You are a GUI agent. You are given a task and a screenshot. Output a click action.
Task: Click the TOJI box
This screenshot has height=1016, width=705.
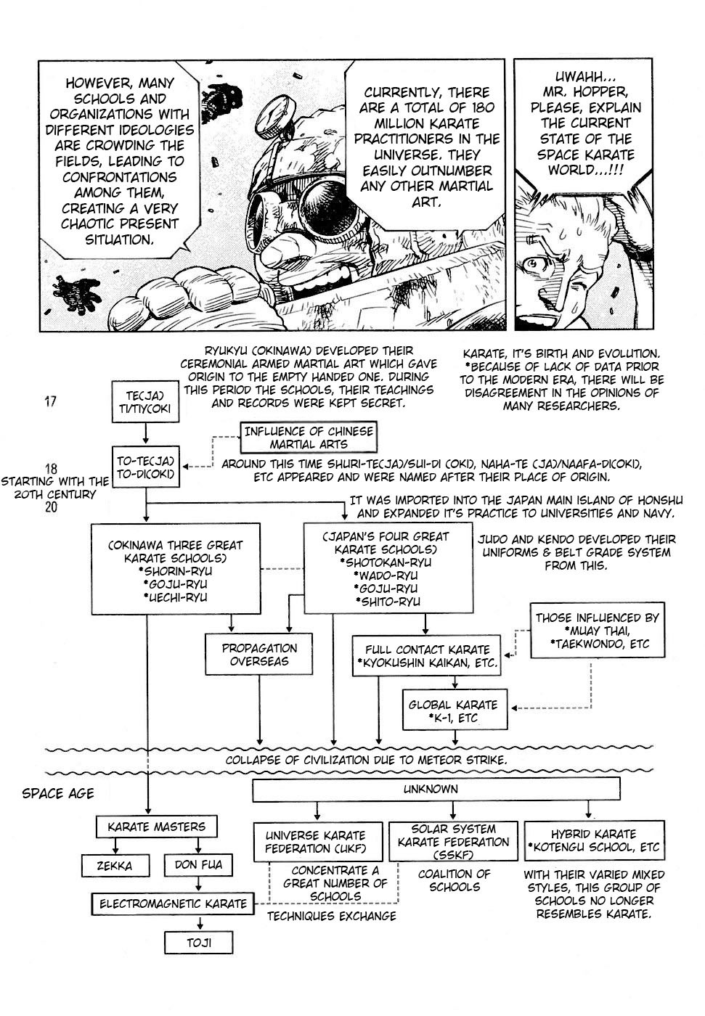pos(199,942)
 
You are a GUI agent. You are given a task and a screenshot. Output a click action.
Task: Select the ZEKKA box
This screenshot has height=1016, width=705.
pos(115,865)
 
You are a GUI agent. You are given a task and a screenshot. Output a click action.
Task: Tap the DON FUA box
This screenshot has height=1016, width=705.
pos(198,864)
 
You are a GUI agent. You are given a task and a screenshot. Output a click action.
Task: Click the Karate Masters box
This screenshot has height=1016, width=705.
pos(157,827)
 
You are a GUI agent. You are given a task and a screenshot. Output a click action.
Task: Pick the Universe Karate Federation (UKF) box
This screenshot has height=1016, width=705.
pos(317,842)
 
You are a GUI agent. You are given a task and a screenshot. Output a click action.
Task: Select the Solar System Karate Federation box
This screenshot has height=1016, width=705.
pos(453,841)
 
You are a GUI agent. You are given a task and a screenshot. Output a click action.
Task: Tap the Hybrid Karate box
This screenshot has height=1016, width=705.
pos(595,840)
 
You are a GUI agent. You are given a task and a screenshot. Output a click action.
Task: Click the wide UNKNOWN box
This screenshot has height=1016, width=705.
pos(436,789)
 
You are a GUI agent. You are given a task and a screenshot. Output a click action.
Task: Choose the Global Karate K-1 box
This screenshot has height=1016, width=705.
pos(455,710)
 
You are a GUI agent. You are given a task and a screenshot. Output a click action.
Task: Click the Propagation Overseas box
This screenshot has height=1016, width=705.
pos(259,654)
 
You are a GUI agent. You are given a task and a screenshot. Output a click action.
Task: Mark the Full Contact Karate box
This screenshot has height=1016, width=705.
pos(426,655)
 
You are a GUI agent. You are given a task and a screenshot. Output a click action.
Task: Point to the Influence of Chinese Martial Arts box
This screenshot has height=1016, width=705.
pos(309,437)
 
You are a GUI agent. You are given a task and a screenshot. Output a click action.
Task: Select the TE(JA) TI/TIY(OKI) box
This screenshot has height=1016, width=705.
pos(145,402)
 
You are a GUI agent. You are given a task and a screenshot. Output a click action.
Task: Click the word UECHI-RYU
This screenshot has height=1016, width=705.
pos(175,597)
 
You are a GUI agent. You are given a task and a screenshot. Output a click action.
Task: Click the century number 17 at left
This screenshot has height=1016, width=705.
pos(50,401)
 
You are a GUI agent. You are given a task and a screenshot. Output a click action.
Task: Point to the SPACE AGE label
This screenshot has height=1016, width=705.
pos(58,793)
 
